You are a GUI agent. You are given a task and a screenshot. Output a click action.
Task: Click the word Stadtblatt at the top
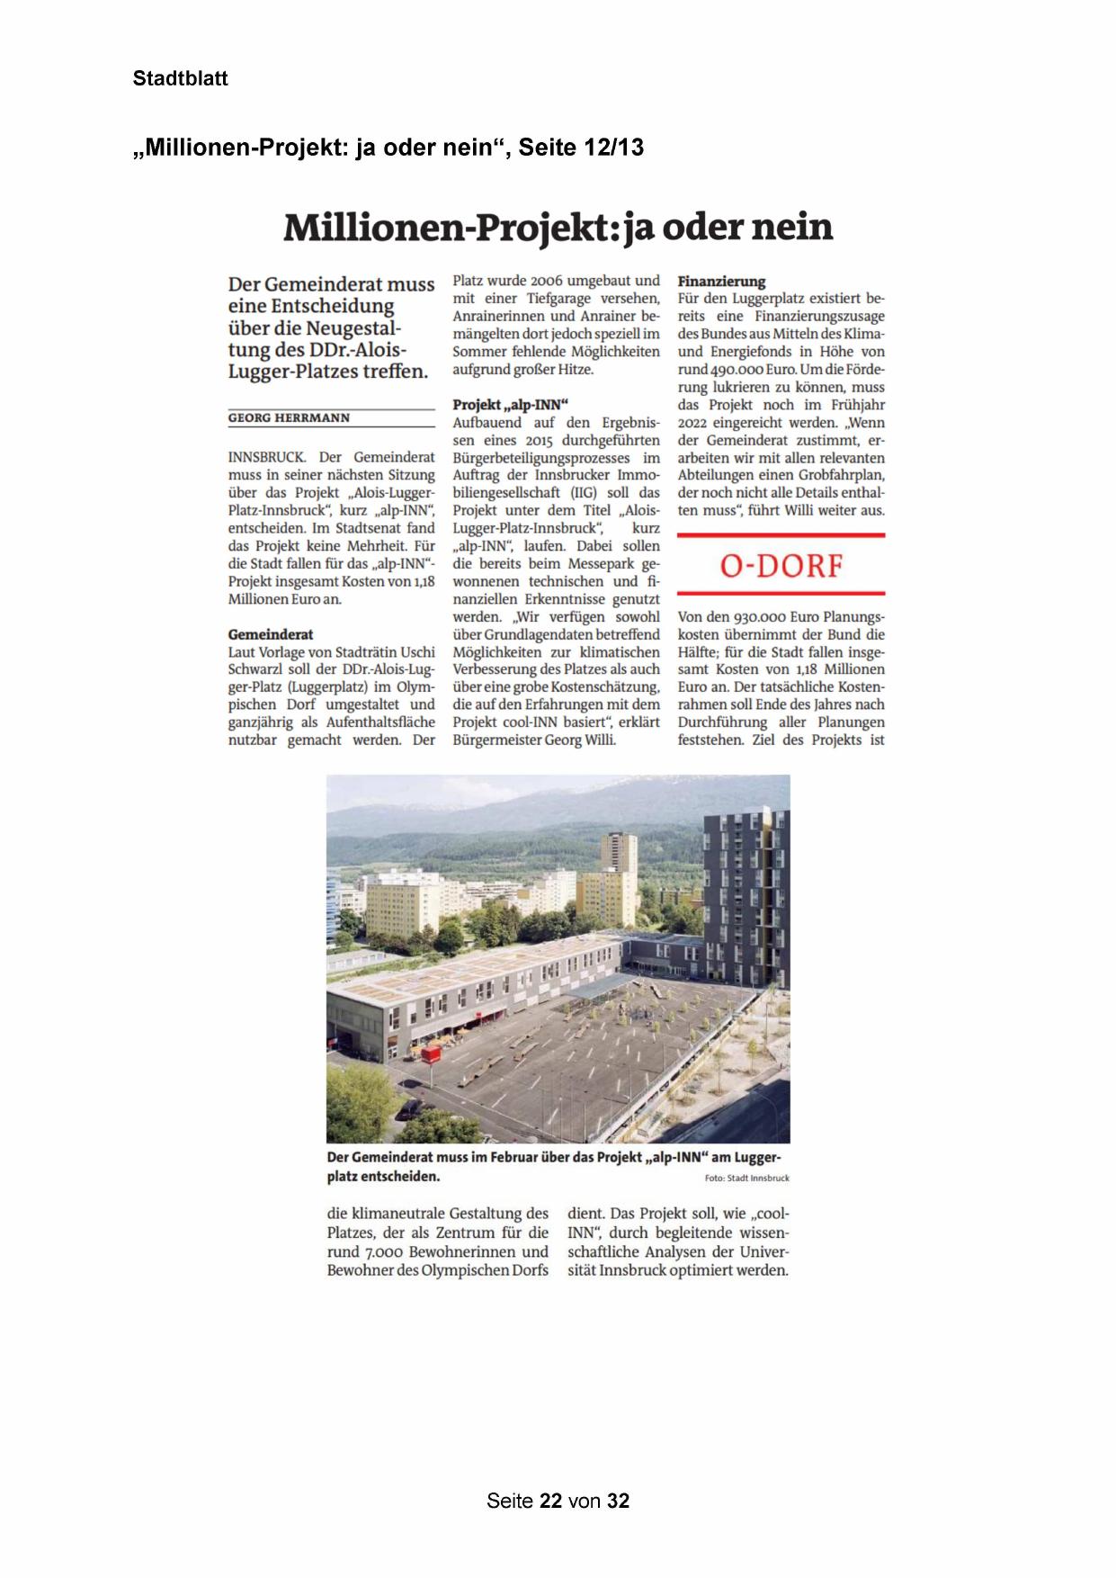(180, 78)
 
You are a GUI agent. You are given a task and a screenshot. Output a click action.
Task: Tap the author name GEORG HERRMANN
(289, 418)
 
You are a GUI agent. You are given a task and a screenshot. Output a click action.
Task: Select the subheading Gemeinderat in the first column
(271, 634)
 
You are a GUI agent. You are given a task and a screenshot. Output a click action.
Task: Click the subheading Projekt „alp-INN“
(510, 405)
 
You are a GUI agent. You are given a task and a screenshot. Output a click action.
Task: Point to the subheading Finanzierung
(721, 281)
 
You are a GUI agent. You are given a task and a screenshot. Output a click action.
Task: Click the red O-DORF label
(781, 566)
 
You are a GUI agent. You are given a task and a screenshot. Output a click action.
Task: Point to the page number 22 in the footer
(550, 1501)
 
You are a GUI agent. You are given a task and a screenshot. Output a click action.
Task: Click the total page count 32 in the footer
(618, 1501)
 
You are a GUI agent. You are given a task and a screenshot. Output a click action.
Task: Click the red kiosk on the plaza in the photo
(431, 1054)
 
